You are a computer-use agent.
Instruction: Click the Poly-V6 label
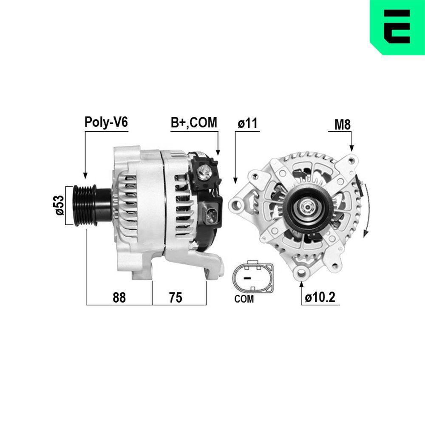tap(106, 123)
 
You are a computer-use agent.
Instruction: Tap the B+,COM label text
tap(194, 123)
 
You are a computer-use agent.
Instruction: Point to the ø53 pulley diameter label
tap(59, 205)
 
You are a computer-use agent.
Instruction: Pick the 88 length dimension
tap(119, 297)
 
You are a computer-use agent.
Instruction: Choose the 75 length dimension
tap(175, 297)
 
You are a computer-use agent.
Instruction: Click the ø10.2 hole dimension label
tap(320, 297)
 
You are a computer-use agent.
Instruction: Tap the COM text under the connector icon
tap(244, 299)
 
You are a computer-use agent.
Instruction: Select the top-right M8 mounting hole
tap(351, 160)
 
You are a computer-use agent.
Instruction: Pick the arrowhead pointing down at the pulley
tap(85, 175)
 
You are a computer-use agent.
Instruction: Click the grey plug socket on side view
tap(211, 212)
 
